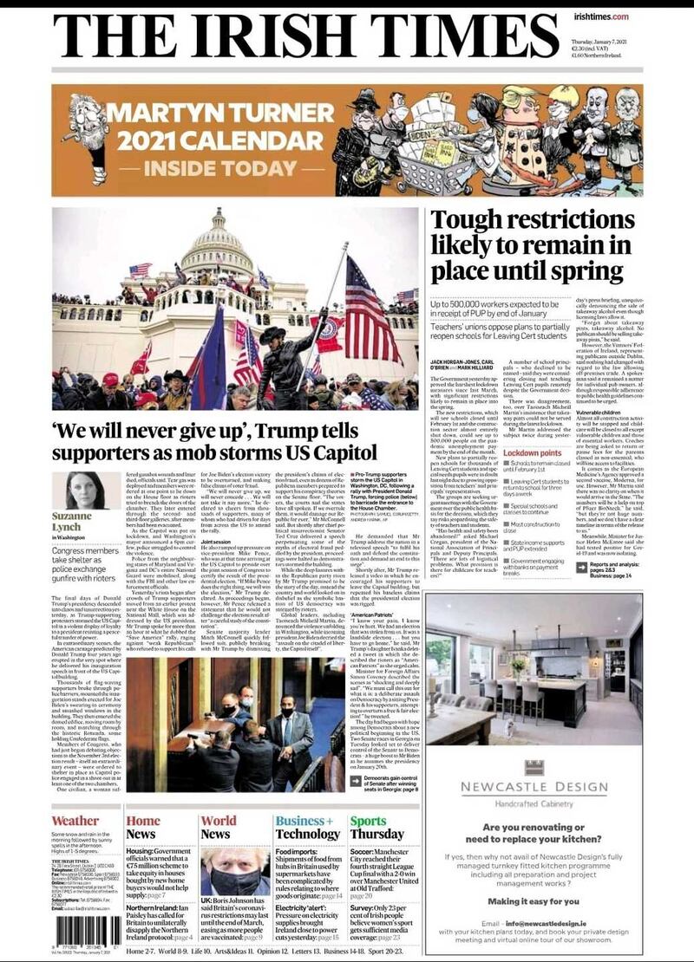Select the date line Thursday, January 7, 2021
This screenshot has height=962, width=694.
[x=606, y=43]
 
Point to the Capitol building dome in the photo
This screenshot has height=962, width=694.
[x=217, y=247]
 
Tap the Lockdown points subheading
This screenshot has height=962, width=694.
[x=533, y=453]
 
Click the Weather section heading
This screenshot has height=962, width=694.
[x=75, y=821]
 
